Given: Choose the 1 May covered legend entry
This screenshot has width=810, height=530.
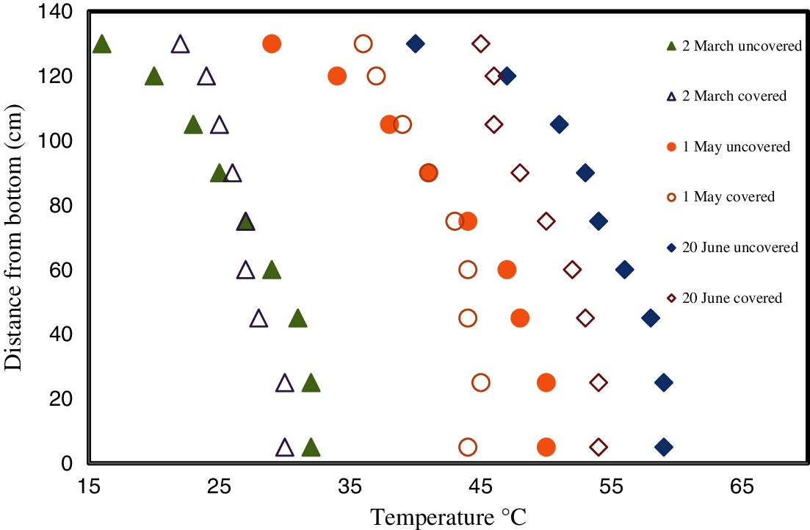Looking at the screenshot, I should click(x=728, y=197).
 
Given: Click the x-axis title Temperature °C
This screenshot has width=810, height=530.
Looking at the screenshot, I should click(x=448, y=517).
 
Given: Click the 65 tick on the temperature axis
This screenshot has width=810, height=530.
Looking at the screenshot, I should click(x=742, y=486).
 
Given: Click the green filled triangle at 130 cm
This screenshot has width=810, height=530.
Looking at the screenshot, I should click(x=102, y=44).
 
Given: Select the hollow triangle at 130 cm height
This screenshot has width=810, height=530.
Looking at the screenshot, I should click(x=180, y=44).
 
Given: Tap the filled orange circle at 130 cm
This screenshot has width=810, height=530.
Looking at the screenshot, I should click(x=272, y=43).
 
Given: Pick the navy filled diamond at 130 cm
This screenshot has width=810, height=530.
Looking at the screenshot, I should click(x=416, y=43).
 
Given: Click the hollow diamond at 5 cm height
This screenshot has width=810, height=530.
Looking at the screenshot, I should click(x=599, y=447).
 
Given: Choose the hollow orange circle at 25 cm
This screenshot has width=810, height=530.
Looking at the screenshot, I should click(x=481, y=382).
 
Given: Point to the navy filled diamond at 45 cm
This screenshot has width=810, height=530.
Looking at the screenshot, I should click(x=651, y=318).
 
